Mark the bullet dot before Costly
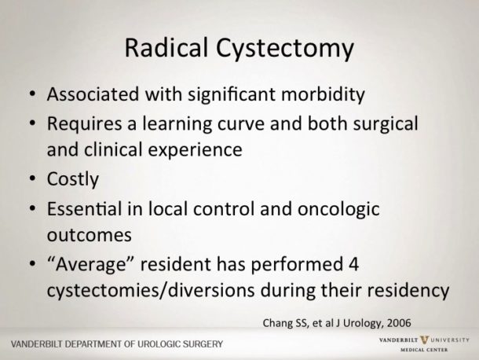pyautogui.click(x=29, y=179)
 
